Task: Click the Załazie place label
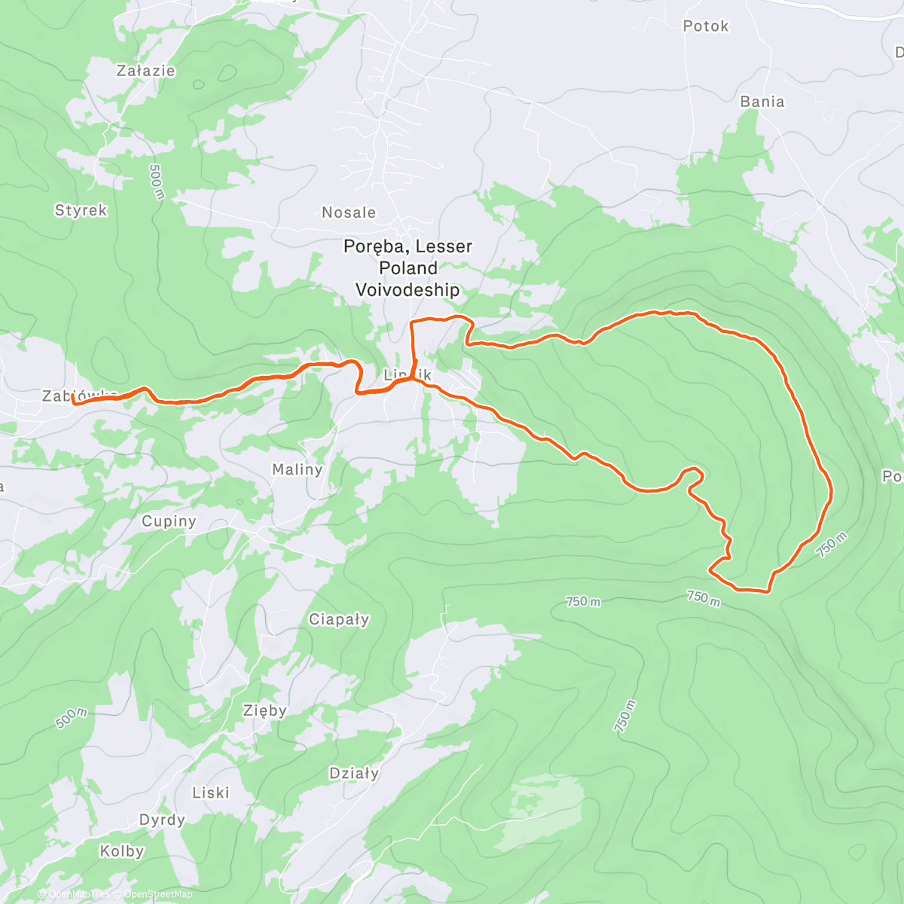tap(145, 71)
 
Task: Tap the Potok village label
tap(705, 26)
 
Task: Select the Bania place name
tap(762, 102)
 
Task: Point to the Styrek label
tap(81, 210)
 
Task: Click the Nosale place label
tap(348, 212)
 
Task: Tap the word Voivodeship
tap(407, 290)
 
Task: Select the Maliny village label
tap(297, 469)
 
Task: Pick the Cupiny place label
tap(169, 521)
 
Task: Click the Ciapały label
tap(339, 619)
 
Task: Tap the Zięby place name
tap(264, 710)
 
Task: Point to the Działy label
tap(354, 773)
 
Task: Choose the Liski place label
tap(210, 793)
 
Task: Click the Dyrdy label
tap(162, 820)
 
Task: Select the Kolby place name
tap(121, 851)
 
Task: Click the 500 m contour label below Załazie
tap(157, 182)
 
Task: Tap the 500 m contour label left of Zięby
tap(71, 719)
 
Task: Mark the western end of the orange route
tap(74, 402)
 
